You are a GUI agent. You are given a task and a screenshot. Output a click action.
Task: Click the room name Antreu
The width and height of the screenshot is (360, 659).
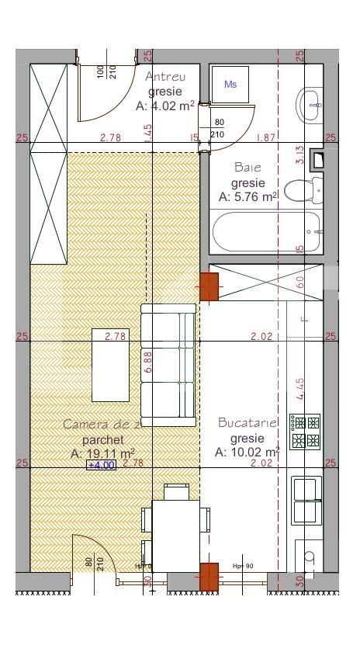click(x=166, y=76)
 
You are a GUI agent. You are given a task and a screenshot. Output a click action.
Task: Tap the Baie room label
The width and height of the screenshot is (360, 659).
click(x=247, y=167)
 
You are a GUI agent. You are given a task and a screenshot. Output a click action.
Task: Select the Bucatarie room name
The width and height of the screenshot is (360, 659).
click(x=247, y=423)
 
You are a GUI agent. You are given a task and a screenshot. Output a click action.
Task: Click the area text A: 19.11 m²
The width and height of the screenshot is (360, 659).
click(x=103, y=453)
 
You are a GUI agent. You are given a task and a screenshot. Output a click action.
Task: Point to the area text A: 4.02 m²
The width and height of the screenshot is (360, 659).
click(x=164, y=106)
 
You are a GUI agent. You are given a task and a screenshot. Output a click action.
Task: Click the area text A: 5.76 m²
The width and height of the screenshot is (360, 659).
click(x=247, y=197)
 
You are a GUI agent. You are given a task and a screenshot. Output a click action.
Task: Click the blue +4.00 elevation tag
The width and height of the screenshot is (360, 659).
click(x=101, y=465)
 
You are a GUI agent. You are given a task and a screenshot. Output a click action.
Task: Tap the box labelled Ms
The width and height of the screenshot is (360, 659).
click(x=230, y=84)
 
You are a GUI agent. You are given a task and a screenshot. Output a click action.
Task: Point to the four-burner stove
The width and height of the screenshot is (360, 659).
click(x=305, y=432)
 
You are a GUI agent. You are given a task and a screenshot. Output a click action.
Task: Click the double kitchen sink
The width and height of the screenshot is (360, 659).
click(x=306, y=501)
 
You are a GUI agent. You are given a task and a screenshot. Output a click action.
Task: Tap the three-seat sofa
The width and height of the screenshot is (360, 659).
click(x=168, y=362)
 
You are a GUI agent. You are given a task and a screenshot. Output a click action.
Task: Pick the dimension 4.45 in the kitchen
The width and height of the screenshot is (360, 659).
click(x=299, y=387)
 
